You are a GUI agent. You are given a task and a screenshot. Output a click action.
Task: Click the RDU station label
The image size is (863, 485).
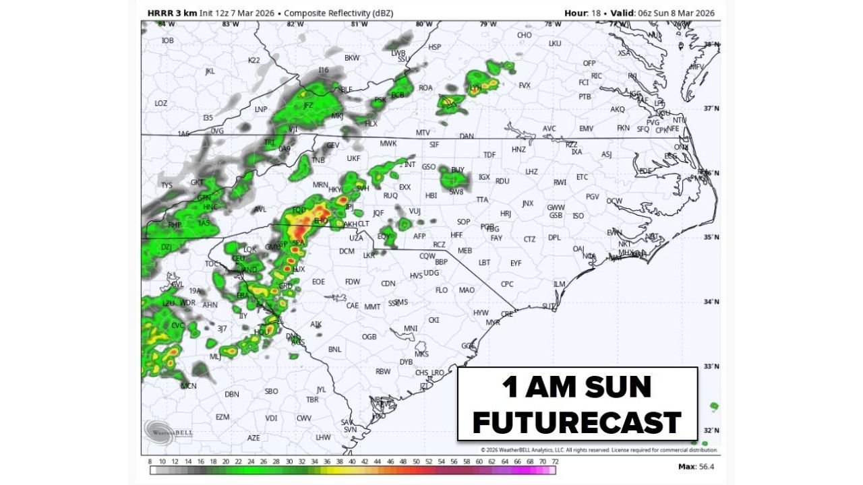[x=502, y=181]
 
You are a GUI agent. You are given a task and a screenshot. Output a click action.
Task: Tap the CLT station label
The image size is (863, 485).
[x=364, y=224]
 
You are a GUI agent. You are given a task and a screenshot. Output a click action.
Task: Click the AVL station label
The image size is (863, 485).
[x=260, y=209]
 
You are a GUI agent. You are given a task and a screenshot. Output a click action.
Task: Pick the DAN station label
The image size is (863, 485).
[x=467, y=136]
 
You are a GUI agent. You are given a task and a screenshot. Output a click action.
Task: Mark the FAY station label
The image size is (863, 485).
[x=496, y=238]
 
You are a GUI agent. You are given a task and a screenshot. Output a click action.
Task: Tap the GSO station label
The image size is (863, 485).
[x=428, y=166]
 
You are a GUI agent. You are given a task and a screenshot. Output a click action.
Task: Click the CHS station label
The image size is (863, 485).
[x=422, y=373]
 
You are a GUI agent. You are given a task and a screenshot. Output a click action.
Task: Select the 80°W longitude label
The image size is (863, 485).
[x=423, y=24]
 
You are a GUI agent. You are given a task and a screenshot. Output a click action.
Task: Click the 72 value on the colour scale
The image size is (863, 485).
[x=555, y=461]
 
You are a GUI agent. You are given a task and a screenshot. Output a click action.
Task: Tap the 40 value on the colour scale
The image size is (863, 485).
[x=352, y=461]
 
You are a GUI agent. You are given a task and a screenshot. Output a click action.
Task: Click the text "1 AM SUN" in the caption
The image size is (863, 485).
[x=576, y=387]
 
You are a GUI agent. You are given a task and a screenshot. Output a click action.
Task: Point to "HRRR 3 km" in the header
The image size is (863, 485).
[x=171, y=13]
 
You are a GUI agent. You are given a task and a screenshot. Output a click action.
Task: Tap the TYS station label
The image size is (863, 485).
[x=167, y=185]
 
